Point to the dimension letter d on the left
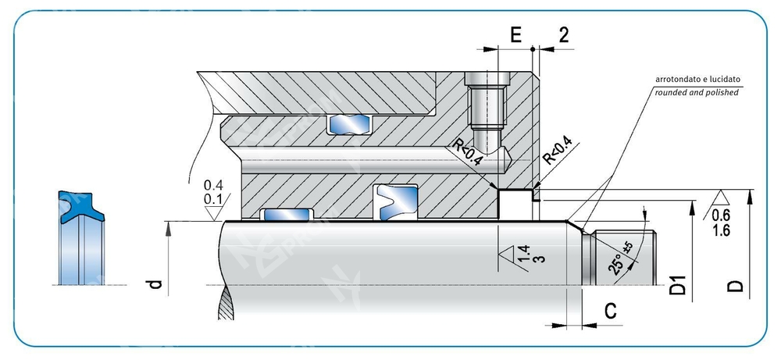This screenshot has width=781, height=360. (x=155, y=286)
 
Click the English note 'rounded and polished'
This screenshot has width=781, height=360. (x=695, y=92)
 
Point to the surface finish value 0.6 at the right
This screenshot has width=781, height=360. (x=722, y=216)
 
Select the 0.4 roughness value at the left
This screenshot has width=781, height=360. (x=212, y=186)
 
